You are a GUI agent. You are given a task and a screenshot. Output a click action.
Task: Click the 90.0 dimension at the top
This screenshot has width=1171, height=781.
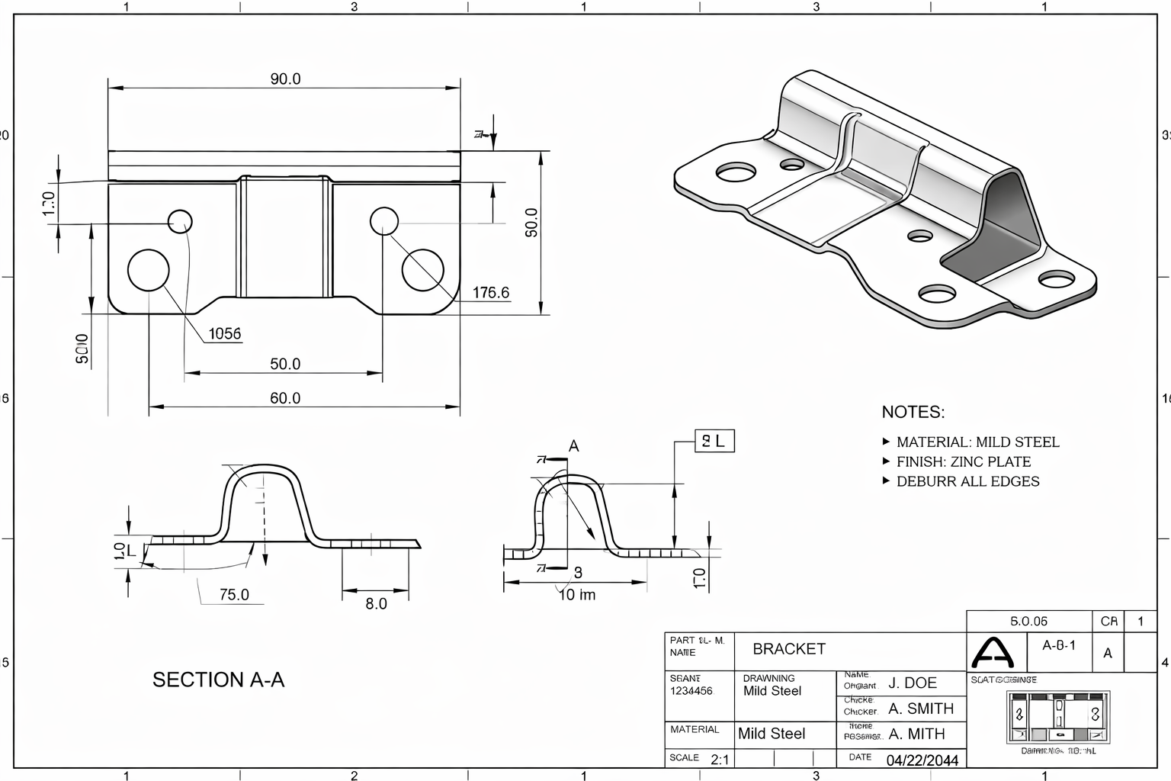pyautogui.click(x=285, y=79)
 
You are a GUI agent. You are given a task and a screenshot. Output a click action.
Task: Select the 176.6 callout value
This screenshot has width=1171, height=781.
pyautogui.click(x=490, y=293)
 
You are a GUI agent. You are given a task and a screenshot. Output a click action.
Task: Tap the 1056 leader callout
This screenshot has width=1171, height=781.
pyautogui.click(x=224, y=333)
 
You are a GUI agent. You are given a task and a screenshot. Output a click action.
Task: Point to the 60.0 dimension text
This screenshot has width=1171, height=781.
pyautogui.click(x=285, y=398)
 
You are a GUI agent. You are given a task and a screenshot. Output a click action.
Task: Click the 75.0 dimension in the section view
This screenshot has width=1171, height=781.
pyautogui.click(x=234, y=595)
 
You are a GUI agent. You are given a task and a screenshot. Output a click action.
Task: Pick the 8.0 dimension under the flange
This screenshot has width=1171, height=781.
pyautogui.click(x=376, y=604)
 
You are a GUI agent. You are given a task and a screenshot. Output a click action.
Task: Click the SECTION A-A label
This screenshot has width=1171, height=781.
pyautogui.click(x=218, y=680)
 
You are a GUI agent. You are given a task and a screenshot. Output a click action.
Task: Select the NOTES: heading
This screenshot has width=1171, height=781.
pyautogui.click(x=913, y=412)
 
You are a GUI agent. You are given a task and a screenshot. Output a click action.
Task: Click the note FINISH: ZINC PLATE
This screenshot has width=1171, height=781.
pyautogui.click(x=963, y=461)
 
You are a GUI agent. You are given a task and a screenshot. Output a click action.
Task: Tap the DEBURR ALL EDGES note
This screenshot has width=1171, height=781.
pyautogui.click(x=967, y=481)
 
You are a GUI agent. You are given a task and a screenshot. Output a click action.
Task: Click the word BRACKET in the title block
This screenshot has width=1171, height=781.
pyautogui.click(x=788, y=649)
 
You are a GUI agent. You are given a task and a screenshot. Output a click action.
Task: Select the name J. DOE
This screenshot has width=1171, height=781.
pyautogui.click(x=913, y=683)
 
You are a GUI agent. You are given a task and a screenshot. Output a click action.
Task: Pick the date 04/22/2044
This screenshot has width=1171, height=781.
pyautogui.click(x=922, y=760)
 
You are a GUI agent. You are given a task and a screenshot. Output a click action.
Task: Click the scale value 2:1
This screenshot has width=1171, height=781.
pyautogui.click(x=719, y=760)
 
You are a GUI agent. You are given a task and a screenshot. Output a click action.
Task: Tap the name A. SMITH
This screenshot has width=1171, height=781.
pyautogui.click(x=920, y=709)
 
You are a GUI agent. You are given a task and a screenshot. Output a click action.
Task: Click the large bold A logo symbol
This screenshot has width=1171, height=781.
pyautogui.click(x=993, y=652)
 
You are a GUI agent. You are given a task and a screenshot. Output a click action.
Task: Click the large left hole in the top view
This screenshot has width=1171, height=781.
pyautogui.click(x=148, y=270)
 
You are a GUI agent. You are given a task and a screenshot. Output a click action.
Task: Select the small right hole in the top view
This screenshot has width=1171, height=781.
pyautogui.click(x=384, y=221)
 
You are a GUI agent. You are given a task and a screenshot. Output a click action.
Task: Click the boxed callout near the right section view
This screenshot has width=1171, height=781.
pyautogui.click(x=714, y=441)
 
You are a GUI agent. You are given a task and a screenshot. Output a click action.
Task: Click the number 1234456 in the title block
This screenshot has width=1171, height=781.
pyautogui.click(x=691, y=691)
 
